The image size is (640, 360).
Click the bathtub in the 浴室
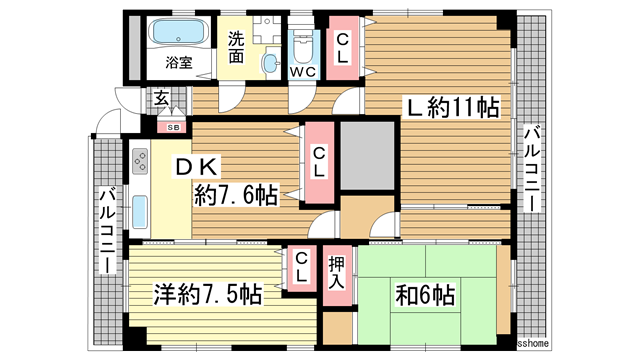pyautogui.click(x=176, y=32)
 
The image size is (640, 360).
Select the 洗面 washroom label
pyautogui.click(x=236, y=48)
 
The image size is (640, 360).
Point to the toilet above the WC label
pyautogui.click(x=303, y=44)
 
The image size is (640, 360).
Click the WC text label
pyautogui.click(x=303, y=72)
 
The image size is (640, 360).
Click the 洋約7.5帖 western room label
pyautogui.click(x=207, y=295)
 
